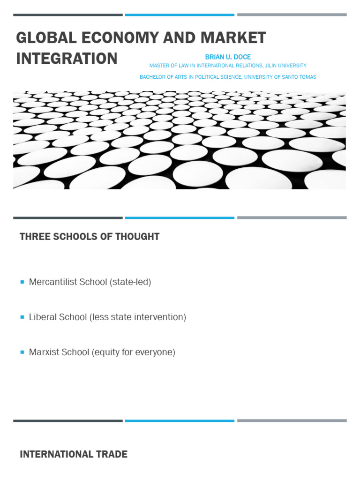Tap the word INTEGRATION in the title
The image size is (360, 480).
pos(67,59)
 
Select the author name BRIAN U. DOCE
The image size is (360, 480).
pos(228,57)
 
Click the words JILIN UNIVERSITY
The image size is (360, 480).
pos(285,66)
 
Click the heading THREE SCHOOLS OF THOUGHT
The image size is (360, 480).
pos(90,237)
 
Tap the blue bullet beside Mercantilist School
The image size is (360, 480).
pos(22,282)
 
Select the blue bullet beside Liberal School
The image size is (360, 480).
pos(22,317)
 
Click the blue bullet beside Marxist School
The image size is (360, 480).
pos(22,352)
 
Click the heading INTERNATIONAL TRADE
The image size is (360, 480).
pos(74,454)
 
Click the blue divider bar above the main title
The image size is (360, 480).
pos(180,15)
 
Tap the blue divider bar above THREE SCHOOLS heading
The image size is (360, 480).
pos(180,218)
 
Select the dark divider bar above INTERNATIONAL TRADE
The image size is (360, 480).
pos(68,421)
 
